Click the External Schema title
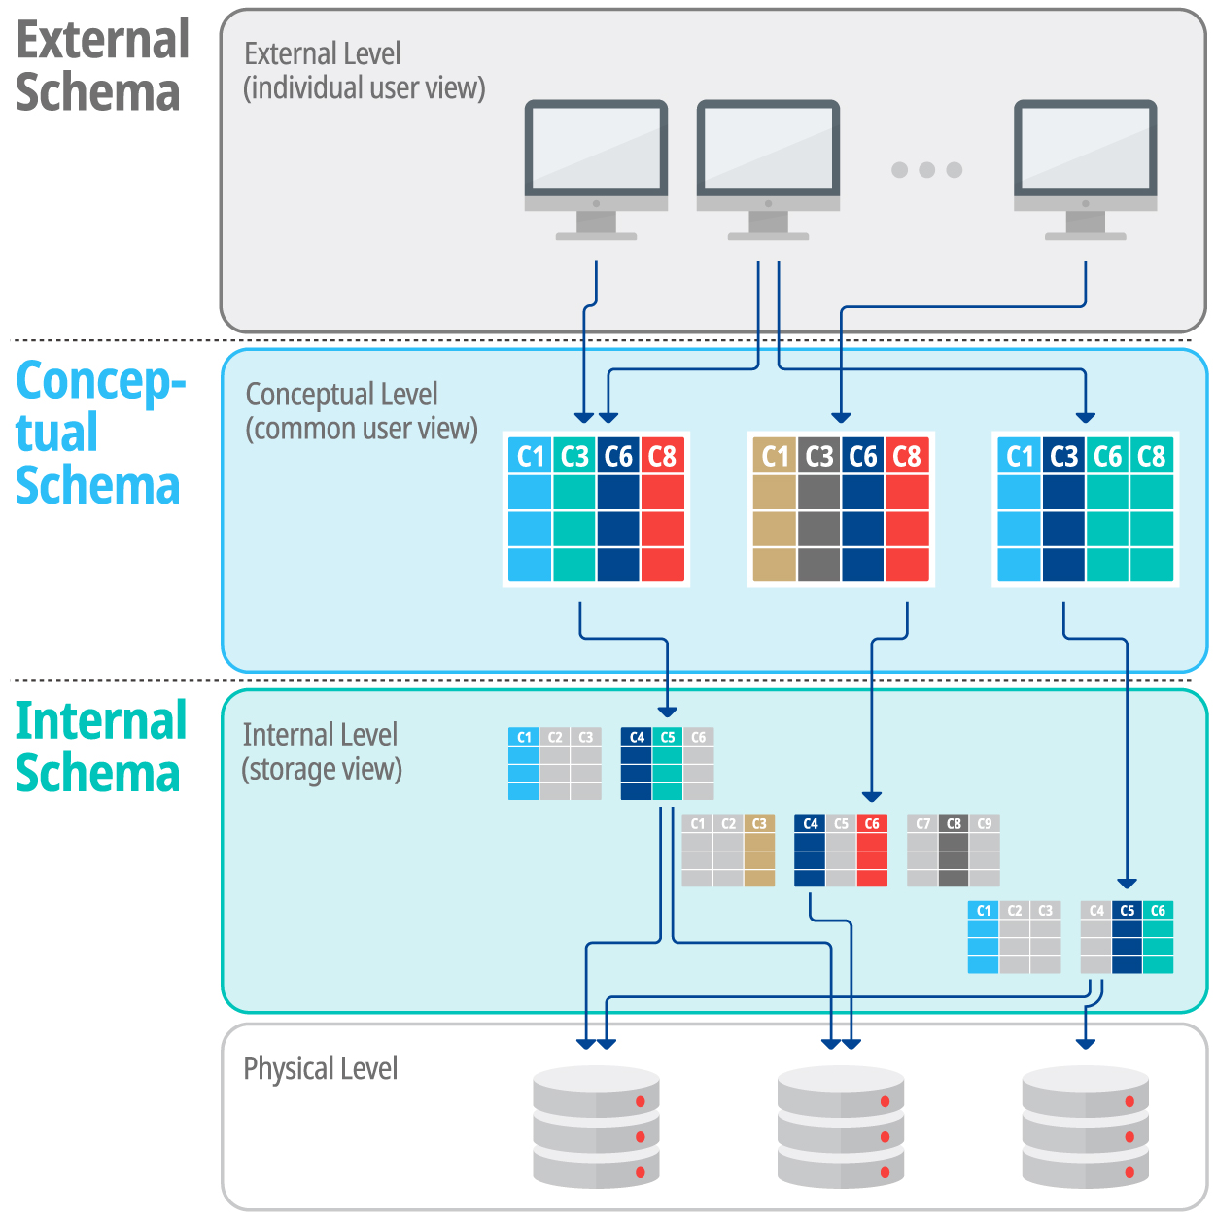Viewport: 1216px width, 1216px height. [101, 67]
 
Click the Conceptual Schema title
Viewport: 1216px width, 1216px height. [99, 433]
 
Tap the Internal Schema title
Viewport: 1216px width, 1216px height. [101, 747]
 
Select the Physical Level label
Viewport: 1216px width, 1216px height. [320, 1068]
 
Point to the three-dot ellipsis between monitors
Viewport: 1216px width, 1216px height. [926, 170]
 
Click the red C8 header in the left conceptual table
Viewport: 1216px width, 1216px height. [662, 456]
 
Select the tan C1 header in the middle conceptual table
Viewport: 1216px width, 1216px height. [775, 456]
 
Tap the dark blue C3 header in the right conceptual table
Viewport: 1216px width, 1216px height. [1063, 456]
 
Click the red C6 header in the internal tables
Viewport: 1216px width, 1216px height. [872, 823]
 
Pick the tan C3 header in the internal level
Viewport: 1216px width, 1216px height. [759, 823]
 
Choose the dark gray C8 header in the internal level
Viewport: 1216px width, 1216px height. [954, 823]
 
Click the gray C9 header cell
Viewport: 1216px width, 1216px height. [985, 823]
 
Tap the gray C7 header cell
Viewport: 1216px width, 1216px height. [922, 823]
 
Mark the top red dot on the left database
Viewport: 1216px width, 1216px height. [641, 1101]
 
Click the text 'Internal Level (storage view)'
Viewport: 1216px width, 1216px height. [321, 751]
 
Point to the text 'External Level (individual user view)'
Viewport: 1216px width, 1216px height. [364, 70]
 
